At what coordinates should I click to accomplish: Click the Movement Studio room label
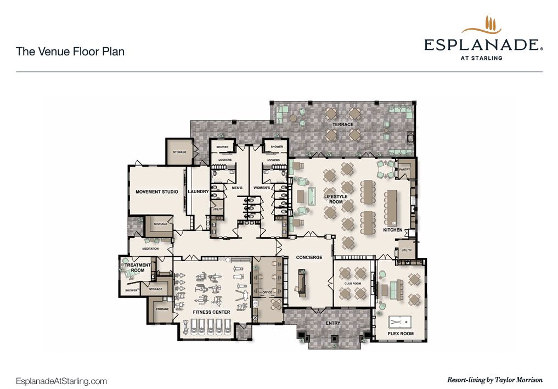(x=156, y=191)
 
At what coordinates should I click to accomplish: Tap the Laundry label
(x=198, y=191)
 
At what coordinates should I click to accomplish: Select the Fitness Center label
(x=211, y=312)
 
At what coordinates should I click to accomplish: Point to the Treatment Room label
(x=138, y=268)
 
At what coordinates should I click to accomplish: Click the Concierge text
(x=309, y=257)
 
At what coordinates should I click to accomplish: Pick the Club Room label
(x=353, y=284)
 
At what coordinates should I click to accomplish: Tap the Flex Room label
(x=401, y=334)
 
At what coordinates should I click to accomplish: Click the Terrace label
(x=343, y=125)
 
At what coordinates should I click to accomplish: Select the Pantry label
(x=404, y=170)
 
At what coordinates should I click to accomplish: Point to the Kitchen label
(x=392, y=230)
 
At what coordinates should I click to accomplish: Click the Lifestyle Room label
(x=336, y=199)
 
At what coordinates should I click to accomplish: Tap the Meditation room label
(x=150, y=249)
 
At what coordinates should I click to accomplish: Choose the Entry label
(x=332, y=323)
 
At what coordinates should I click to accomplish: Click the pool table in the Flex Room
(x=401, y=322)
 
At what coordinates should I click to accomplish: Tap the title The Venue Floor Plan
(x=70, y=52)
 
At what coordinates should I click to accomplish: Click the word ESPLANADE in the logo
(x=482, y=45)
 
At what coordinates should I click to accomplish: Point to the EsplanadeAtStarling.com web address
(x=61, y=381)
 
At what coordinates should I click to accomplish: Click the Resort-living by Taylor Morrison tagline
(x=495, y=380)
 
